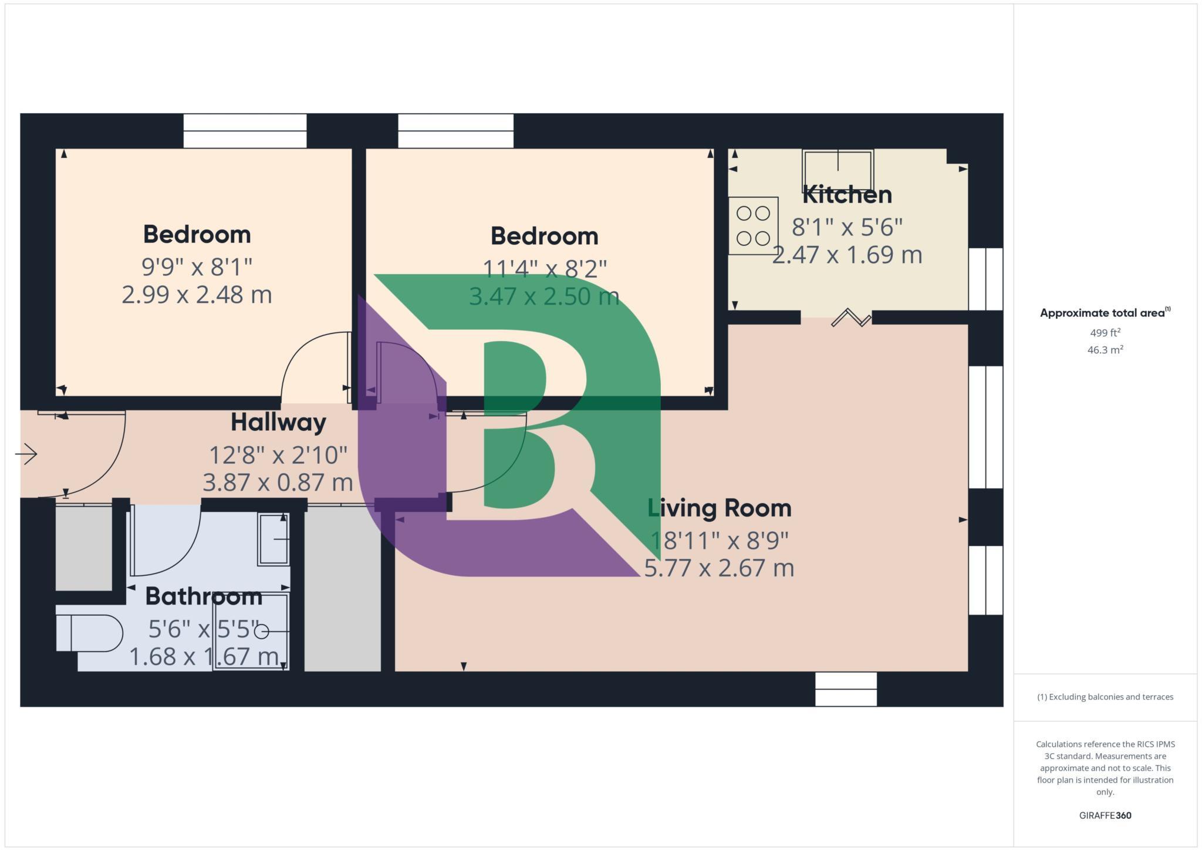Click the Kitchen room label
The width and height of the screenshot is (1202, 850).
pos(846,194)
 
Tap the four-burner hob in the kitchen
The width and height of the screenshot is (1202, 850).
pos(753,225)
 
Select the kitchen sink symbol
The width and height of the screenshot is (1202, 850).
pos(838,170)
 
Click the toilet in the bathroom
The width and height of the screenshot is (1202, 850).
pos(89,633)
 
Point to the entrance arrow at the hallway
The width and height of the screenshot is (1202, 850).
pos(26,454)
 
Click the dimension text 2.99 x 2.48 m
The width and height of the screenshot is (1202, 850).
pos(197,295)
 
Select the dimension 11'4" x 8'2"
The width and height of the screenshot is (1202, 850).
pos(544,269)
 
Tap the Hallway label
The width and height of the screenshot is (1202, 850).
pos(278,422)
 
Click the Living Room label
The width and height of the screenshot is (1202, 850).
pos(719,508)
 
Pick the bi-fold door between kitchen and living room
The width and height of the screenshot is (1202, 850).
pos(850,318)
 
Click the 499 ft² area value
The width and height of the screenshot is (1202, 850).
pos(1105,333)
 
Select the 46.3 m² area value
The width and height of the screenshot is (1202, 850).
pos(1105,350)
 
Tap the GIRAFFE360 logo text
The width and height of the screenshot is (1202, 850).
pos(1105,815)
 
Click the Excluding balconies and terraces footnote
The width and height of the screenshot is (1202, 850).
pos(1105,697)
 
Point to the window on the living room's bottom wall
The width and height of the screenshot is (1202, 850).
pos(846,689)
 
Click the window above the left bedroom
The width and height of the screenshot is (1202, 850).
pos(245,131)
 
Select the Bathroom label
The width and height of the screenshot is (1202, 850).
pos(203,596)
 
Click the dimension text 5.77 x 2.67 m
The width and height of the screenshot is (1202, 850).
pos(719,568)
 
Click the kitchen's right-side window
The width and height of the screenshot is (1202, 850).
pos(985,279)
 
